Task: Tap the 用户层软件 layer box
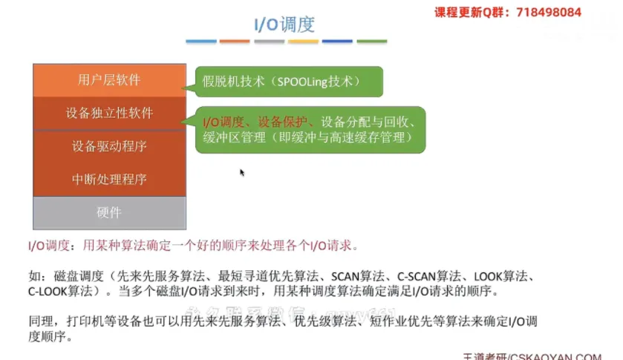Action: [x=109, y=80]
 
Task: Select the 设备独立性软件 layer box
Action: [x=109, y=113]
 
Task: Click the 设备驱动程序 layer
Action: [x=109, y=146]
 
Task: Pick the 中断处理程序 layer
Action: [x=109, y=179]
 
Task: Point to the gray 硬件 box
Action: [x=109, y=212]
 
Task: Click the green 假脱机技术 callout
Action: [x=288, y=81]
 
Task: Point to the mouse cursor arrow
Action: [x=241, y=172]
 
